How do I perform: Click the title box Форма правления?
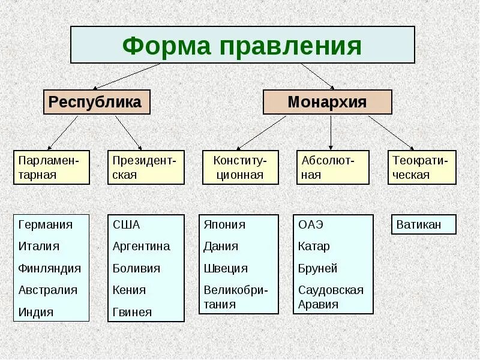242,45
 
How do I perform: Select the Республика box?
96,102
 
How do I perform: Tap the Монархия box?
327,102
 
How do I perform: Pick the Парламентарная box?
52,167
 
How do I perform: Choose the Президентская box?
146,167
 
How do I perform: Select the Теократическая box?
422,167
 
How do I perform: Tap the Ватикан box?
423,225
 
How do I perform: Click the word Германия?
46,225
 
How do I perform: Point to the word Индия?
36,312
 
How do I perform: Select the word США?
126,225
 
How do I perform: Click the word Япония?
224,225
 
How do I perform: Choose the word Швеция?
225,268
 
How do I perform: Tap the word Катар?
314,247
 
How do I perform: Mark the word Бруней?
317,268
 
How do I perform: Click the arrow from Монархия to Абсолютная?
331,132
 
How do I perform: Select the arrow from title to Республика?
126,76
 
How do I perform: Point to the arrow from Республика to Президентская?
128,132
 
